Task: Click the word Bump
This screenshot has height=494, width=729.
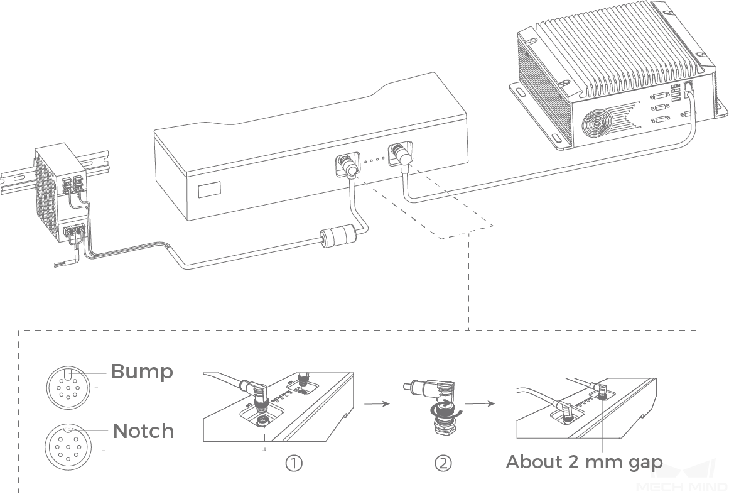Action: [141, 371]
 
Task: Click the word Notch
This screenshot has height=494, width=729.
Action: [143, 431]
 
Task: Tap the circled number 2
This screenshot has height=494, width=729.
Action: [443, 464]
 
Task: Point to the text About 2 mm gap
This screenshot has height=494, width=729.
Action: [583, 462]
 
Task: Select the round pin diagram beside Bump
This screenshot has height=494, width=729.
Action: [65, 385]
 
